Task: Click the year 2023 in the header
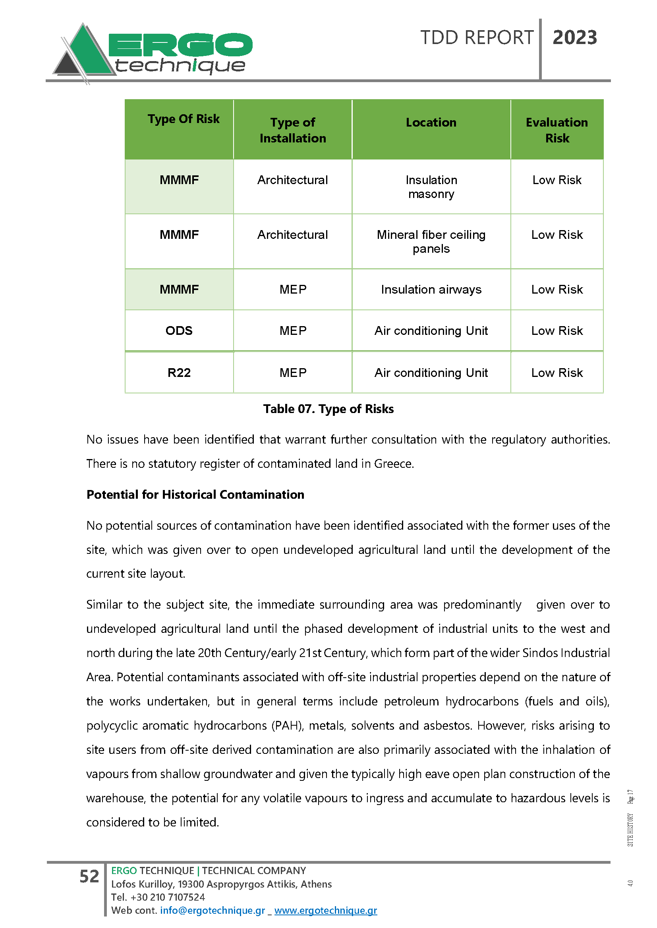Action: [x=574, y=38]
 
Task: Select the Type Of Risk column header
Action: [x=183, y=119]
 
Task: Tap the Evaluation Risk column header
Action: [x=557, y=130]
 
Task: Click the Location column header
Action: [x=431, y=123]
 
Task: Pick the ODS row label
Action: [x=179, y=330]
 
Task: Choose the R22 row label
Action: [x=179, y=373]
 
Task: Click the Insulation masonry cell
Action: [x=431, y=187]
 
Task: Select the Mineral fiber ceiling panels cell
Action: [x=431, y=241]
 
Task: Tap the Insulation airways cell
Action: [x=431, y=289]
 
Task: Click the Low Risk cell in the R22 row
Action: [x=557, y=373]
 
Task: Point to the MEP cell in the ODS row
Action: [x=293, y=330]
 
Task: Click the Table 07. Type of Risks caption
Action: [x=328, y=409]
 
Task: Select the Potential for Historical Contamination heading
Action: [x=195, y=494]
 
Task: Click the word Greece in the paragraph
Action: [x=393, y=463]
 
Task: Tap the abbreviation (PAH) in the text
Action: [x=287, y=726]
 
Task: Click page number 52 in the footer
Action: [x=89, y=876]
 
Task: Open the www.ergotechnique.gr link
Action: [x=325, y=910]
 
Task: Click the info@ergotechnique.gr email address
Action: [x=213, y=910]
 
